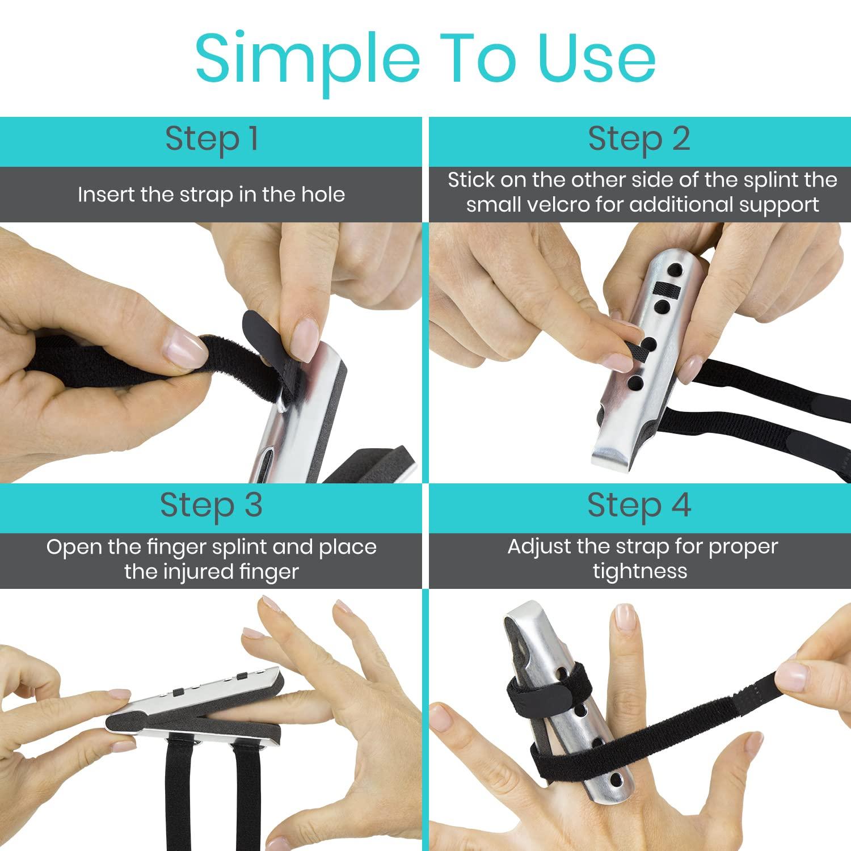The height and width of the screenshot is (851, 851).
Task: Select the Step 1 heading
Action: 212,139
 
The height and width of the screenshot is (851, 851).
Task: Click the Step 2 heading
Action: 639,139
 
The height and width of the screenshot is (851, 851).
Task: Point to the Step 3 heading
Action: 211,505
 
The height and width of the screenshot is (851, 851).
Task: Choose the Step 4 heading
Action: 639,505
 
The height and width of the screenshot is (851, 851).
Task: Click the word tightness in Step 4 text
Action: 640,571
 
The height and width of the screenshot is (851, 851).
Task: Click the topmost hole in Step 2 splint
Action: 675,267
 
